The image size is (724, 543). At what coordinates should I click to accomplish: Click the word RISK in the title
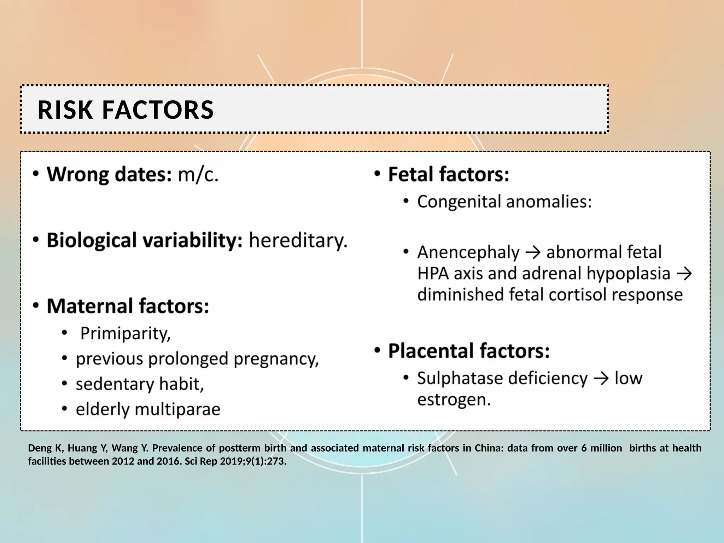pos(65,110)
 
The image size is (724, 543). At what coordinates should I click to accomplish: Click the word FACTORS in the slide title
pos(158,110)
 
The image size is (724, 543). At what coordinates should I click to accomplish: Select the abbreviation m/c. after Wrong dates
pos(198,175)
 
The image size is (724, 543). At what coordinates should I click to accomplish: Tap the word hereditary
pos(298,241)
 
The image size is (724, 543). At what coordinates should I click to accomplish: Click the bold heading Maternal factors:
pos(128,306)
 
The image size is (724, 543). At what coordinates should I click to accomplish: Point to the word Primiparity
pos(125,333)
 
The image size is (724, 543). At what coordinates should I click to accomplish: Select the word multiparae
pos(177,409)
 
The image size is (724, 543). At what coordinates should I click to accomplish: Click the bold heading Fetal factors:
pos(448,175)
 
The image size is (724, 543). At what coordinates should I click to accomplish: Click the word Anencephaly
pos(468,253)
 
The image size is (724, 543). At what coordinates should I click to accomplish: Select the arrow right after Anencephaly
pos(533,253)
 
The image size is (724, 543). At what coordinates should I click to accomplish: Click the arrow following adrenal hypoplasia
pos(684,274)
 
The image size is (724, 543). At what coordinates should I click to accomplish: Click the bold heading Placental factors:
pos(469,351)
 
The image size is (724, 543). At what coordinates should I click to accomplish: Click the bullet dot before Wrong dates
pos(36,174)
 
